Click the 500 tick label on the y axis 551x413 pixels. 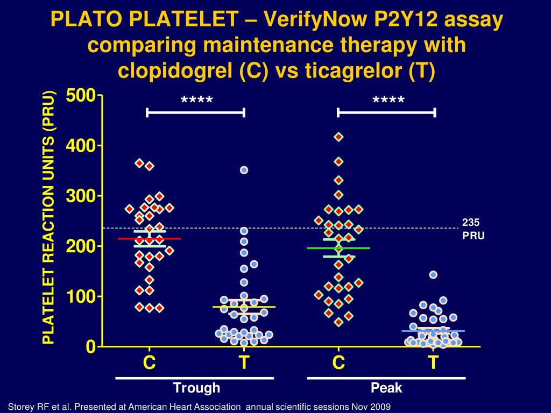pos(80,96)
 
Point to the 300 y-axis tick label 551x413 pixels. pos(80,196)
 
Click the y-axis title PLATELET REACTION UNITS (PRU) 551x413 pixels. pos(49,218)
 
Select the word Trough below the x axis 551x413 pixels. pos(196,388)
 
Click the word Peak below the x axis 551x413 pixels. pos(386,388)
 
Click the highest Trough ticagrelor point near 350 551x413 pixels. pos(244,170)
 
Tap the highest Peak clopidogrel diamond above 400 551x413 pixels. pos(338,137)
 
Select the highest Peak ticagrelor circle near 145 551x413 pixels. pos(433,275)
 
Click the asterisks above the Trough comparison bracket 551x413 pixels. pos(196,101)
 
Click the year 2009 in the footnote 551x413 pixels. pos(380,405)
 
